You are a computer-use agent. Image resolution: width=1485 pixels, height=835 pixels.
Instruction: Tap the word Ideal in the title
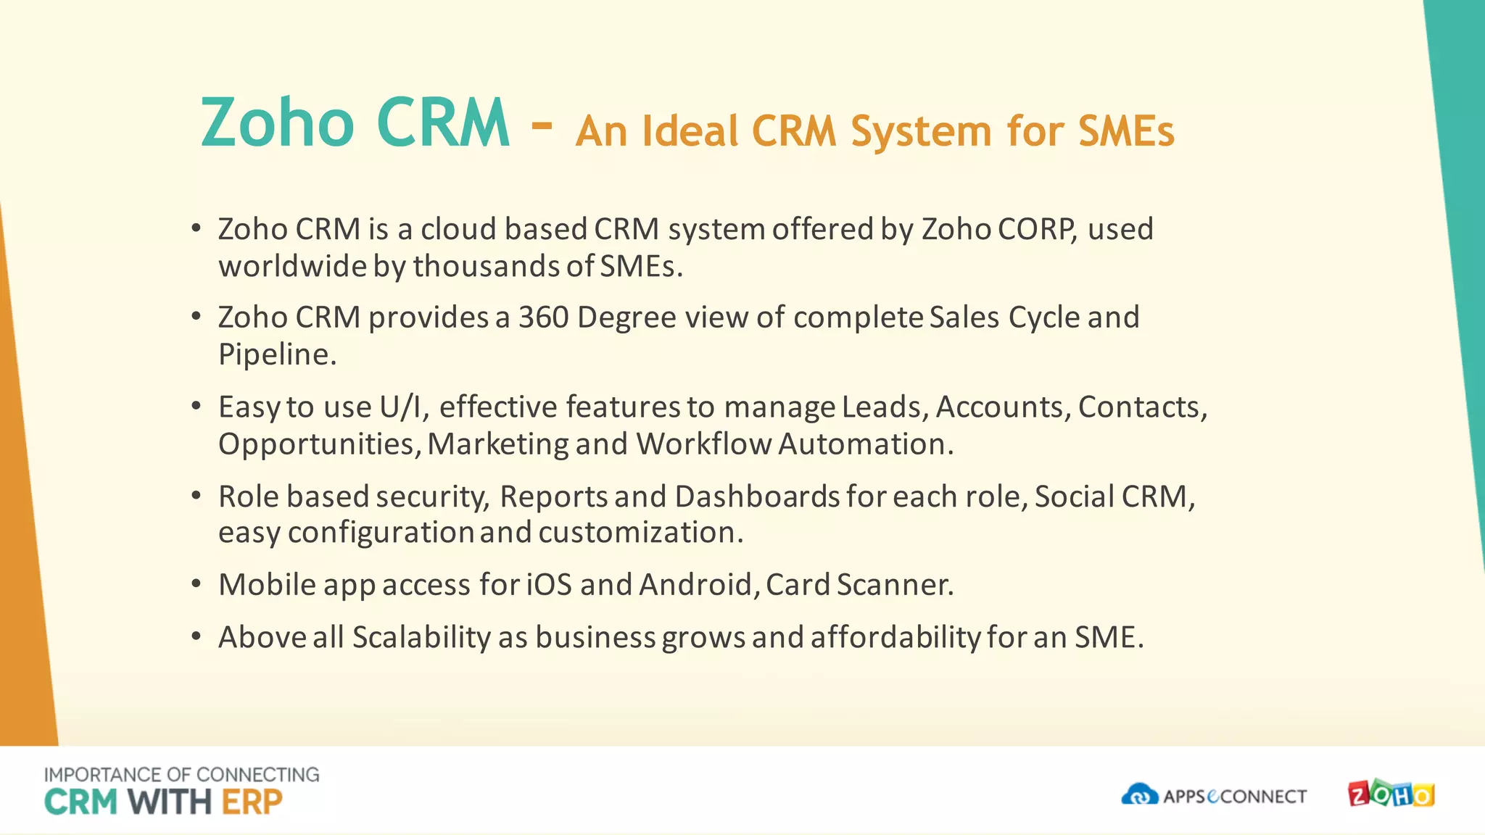[x=690, y=132]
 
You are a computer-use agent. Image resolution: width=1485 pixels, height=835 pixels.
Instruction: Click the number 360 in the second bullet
[x=543, y=317]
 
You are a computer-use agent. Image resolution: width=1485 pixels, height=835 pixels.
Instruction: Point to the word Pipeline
[x=277, y=354]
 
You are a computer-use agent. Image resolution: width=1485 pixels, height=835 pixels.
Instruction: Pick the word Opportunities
[x=319, y=444]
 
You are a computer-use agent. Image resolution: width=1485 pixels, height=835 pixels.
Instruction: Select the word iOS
[x=549, y=585]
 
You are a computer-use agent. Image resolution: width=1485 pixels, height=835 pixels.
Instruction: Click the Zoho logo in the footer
[x=1391, y=794]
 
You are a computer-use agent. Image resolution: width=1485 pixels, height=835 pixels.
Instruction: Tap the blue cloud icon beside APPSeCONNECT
[x=1140, y=795]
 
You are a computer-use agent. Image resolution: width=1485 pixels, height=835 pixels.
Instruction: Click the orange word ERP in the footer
[x=252, y=802]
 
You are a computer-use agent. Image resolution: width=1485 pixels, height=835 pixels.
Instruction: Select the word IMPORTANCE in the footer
[x=102, y=775]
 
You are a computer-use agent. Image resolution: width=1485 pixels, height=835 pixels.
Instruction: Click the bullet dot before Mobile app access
[x=196, y=584]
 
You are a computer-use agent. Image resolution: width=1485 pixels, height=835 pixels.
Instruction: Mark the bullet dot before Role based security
[x=196, y=496]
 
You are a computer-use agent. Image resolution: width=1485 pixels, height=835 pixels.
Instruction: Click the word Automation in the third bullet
[x=866, y=444]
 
